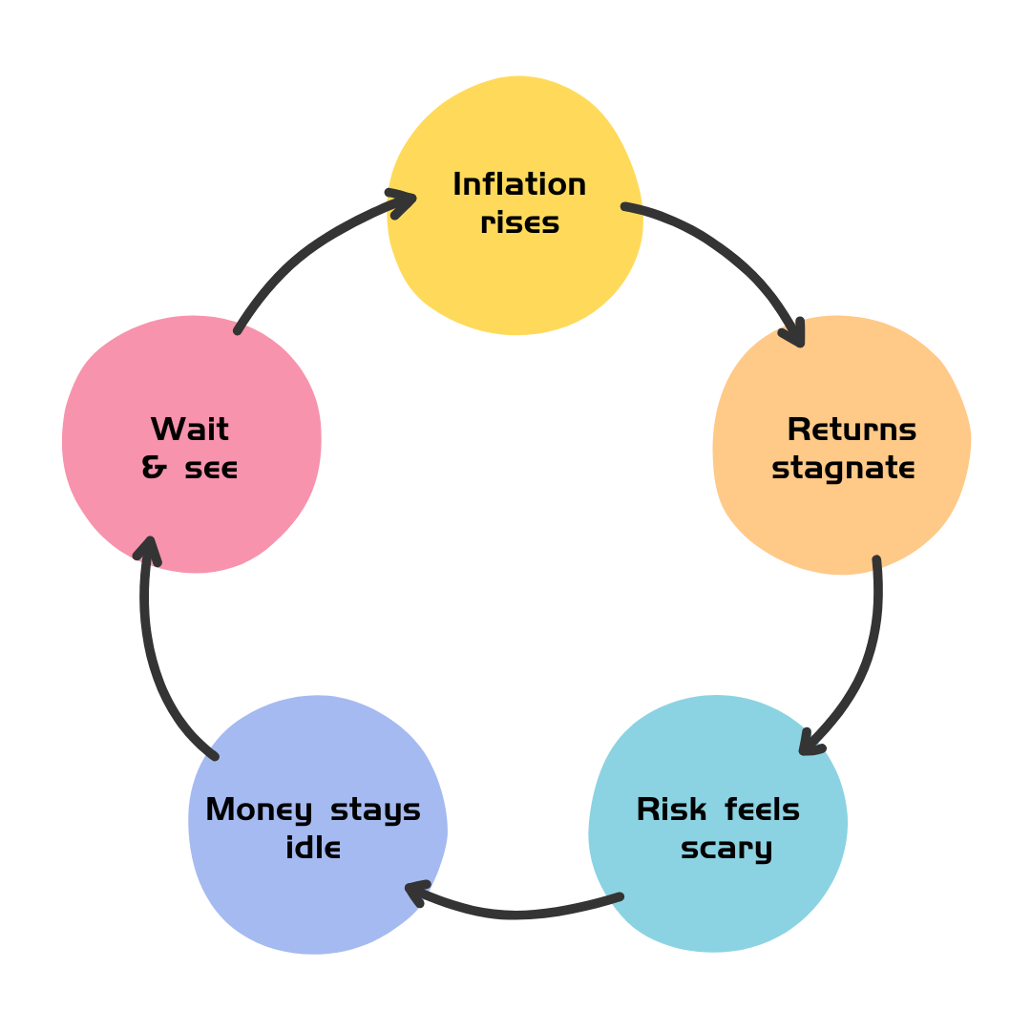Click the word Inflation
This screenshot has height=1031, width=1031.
(x=518, y=185)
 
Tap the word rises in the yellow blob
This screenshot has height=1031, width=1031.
(x=518, y=223)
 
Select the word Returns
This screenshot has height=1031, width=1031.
(x=851, y=431)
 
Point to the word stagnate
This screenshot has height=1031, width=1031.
(x=843, y=469)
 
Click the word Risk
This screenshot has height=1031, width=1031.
(x=671, y=810)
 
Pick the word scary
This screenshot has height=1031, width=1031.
(x=726, y=849)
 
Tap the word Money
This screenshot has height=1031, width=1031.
(x=259, y=810)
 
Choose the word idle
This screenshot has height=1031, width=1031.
(x=313, y=848)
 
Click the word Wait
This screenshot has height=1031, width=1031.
(x=189, y=431)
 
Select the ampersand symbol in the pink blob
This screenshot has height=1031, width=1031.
(x=153, y=469)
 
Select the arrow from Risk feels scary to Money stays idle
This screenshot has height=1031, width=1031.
(x=515, y=913)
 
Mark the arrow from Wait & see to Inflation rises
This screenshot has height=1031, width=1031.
(x=305, y=248)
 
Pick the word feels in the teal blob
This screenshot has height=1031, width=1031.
(x=762, y=810)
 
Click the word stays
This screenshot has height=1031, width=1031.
(x=375, y=810)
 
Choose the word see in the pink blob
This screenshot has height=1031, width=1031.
(x=210, y=469)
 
